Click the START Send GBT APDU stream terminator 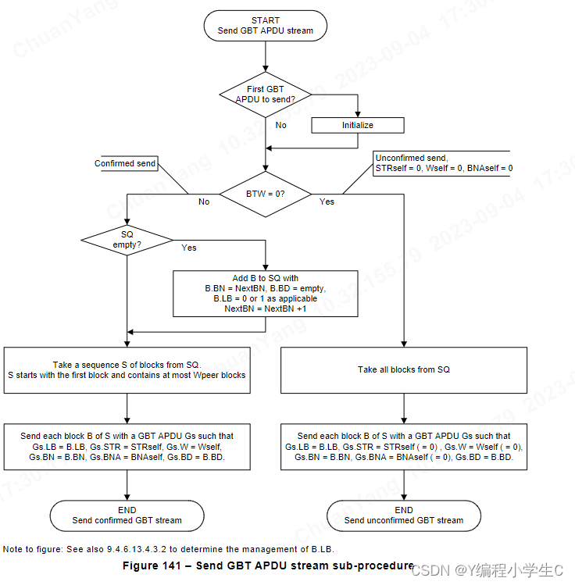(x=266, y=26)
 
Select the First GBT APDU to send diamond (x=266, y=95)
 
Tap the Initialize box (x=358, y=125)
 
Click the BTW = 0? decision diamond (x=266, y=194)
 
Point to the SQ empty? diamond (x=127, y=240)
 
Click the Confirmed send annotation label (x=125, y=163)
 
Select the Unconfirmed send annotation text (x=444, y=163)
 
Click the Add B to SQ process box (x=266, y=294)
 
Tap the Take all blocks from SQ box (x=404, y=370)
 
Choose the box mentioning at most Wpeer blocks (x=127, y=370)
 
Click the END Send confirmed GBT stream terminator (x=127, y=515)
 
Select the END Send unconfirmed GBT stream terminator (x=404, y=515)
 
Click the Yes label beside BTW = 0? (x=327, y=202)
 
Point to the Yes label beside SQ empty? (x=189, y=248)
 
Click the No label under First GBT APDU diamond (x=281, y=125)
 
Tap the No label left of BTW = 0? (x=204, y=202)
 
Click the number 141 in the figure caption (x=172, y=565)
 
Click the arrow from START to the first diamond (x=266, y=56)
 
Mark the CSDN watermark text (x=487, y=570)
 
